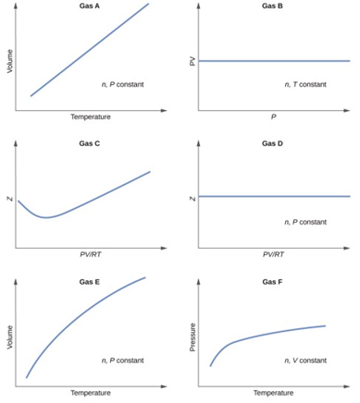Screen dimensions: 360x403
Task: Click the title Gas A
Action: coord(90,6)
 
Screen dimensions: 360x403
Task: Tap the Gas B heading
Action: coord(272,6)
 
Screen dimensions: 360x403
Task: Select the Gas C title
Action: coord(90,143)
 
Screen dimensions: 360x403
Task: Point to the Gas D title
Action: coord(272,143)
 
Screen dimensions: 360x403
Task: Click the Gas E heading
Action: coord(90,282)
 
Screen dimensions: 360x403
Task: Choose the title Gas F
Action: coord(272,282)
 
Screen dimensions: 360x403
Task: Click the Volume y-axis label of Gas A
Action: coord(10,61)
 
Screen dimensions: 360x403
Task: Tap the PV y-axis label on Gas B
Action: coord(192,62)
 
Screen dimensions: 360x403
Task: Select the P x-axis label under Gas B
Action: coord(274,117)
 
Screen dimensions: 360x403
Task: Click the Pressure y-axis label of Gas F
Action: coord(192,337)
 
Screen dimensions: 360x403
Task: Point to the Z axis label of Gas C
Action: coord(10,199)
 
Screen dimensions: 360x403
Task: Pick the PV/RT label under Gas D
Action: coord(274,254)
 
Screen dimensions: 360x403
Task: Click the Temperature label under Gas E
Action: coord(91,393)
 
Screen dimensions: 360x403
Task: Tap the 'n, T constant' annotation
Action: coord(305,84)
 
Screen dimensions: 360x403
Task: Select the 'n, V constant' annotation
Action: coord(305,360)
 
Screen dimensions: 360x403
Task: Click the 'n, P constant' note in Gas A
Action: coord(123,84)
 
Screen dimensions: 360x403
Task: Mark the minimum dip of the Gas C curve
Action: coord(46,217)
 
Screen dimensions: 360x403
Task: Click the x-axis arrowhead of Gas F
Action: coord(347,386)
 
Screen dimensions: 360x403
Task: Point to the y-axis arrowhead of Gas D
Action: coord(199,143)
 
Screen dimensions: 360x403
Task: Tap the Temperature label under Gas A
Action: coord(91,117)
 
